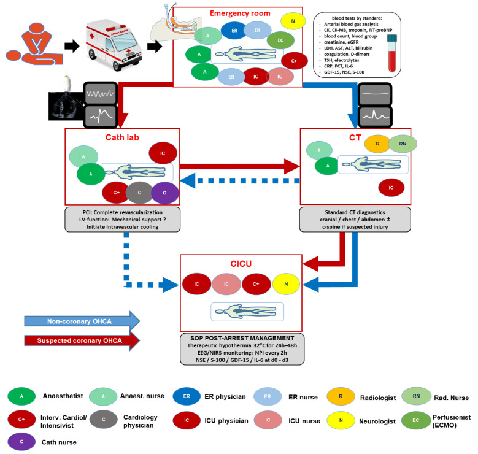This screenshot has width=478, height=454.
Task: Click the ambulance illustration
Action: pyautogui.click(x=114, y=44)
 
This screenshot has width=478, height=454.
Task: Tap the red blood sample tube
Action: pyautogui.click(x=392, y=53)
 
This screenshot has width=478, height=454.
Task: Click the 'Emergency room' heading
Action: pyautogui.click(x=240, y=13)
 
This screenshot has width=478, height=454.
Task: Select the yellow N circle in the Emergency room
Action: pyautogui.click(x=293, y=21)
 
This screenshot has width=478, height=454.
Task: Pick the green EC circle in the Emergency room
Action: pyautogui.click(x=280, y=40)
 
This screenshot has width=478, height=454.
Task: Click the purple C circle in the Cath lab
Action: pyautogui.click(x=164, y=193)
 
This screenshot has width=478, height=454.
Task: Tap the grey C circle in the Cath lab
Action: pyautogui.click(x=139, y=193)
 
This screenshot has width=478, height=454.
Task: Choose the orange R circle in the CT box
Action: pyautogui.click(x=377, y=144)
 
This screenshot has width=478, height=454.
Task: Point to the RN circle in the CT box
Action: pyautogui.click(x=403, y=144)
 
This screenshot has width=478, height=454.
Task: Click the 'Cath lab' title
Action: pyautogui.click(x=122, y=137)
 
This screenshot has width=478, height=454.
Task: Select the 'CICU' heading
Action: pyautogui.click(x=241, y=264)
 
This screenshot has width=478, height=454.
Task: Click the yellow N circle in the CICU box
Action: pyautogui.click(x=286, y=284)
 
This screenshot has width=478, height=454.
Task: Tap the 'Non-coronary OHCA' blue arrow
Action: pyautogui.click(x=82, y=321)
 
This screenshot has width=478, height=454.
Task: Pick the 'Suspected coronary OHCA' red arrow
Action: pyautogui.click(x=82, y=340)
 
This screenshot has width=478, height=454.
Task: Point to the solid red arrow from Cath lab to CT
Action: pyautogui.click(x=240, y=166)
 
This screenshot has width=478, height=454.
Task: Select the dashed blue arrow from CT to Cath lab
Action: pyautogui.click(x=240, y=181)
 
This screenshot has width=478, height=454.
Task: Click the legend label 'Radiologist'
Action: pyautogui.click(x=378, y=398)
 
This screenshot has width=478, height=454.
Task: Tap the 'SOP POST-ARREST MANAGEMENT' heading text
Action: pyautogui.click(x=242, y=338)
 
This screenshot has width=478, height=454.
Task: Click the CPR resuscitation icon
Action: pyautogui.click(x=34, y=44)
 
